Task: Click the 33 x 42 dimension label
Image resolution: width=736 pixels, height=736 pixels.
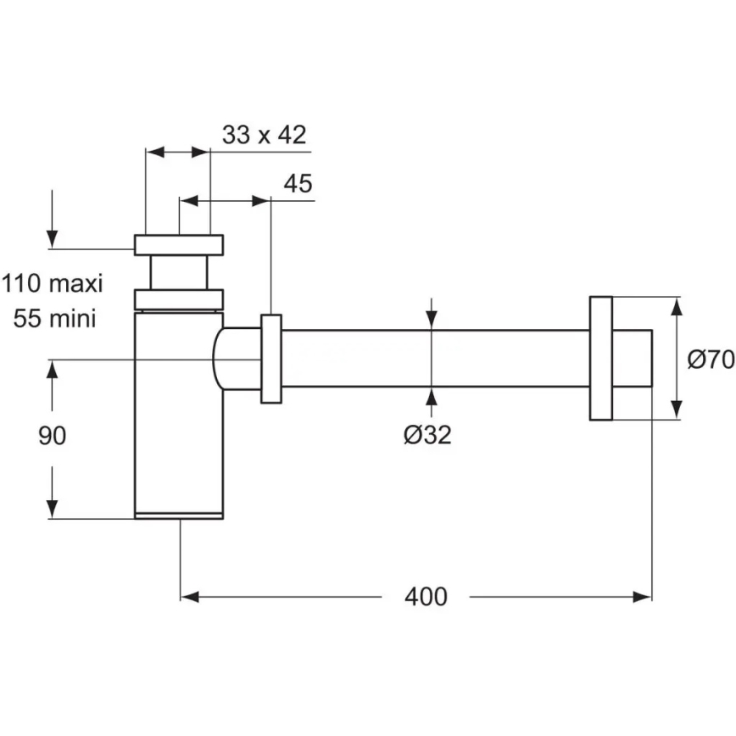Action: point(264,135)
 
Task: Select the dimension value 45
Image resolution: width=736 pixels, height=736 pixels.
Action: point(298,184)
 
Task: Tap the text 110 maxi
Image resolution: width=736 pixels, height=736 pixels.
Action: point(52,282)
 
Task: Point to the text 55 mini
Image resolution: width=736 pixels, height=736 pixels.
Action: point(53,318)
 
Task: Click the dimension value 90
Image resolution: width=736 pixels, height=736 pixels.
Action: point(53,436)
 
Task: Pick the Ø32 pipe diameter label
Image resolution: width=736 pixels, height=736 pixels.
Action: point(427,435)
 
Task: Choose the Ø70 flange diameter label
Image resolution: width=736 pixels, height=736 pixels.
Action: point(710,360)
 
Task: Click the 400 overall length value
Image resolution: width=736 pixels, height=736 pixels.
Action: point(425,597)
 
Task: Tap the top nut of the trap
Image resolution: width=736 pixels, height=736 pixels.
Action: point(179,244)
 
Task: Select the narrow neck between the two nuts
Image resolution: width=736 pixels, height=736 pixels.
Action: point(179,272)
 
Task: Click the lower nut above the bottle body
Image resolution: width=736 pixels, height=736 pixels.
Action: point(179,299)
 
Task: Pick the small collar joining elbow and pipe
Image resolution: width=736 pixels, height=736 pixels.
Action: point(271,359)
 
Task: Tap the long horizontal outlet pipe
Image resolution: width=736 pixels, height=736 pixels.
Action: point(432,359)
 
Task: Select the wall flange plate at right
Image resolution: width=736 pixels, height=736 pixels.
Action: point(600,359)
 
